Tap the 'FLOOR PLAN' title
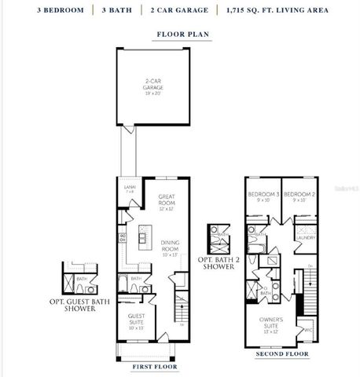pyautogui.click(x=180, y=35)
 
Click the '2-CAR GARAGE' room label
pyautogui.click(x=152, y=85)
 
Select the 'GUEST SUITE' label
pyautogui.click(x=138, y=320)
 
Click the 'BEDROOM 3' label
pyautogui.click(x=263, y=196)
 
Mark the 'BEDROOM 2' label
pyautogui.click(x=299, y=196)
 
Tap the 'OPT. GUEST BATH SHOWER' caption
pyautogui.click(x=81, y=306)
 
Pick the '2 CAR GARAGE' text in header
pyautogui.click(x=182, y=10)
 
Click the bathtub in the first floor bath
pyautogui.click(x=125, y=284)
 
